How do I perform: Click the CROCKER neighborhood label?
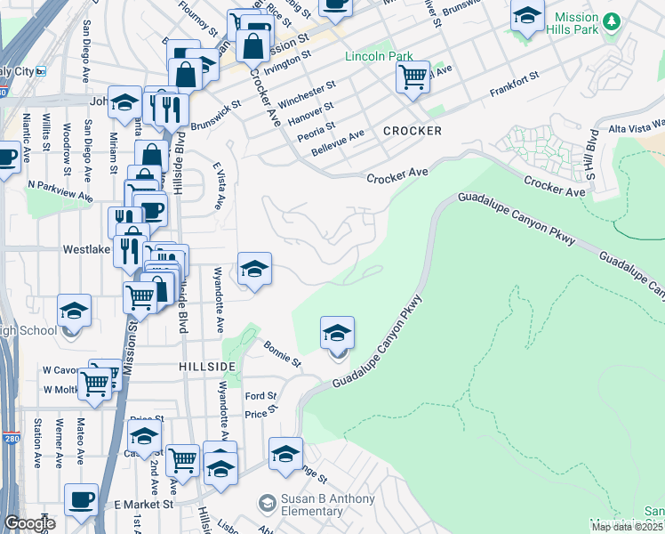coord(412,131)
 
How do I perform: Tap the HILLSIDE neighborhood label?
coord(206,367)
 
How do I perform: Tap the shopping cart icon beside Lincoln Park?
coord(413,77)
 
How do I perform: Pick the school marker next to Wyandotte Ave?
coord(254,269)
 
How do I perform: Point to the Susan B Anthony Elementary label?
coord(315,506)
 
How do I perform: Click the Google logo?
coord(30,523)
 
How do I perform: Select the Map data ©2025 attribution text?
coord(628,527)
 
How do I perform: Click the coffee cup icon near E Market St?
coord(82,499)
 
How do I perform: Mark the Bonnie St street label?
coord(282,353)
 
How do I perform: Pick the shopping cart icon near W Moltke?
coord(95,384)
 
